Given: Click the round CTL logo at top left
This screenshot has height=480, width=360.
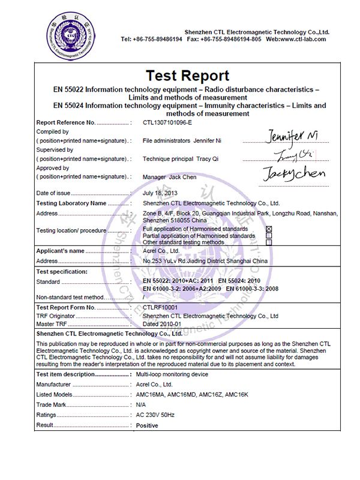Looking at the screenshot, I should pos(72,36).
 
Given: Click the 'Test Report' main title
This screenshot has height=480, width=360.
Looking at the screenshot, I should pos(187,76).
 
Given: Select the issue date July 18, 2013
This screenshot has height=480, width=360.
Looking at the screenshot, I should pos(161,193).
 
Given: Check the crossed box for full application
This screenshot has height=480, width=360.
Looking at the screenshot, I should pos(269,229).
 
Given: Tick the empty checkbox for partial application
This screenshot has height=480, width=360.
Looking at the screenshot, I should pos(269,236).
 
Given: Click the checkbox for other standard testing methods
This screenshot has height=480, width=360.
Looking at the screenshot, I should pos(269,242).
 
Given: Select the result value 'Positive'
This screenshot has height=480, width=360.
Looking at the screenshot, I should pos(148,426).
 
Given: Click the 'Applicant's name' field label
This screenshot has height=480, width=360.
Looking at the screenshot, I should pos(61,251).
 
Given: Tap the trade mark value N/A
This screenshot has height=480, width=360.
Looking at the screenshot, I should pos(142,405).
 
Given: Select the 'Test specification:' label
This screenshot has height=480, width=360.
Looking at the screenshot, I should pos(62,272).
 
